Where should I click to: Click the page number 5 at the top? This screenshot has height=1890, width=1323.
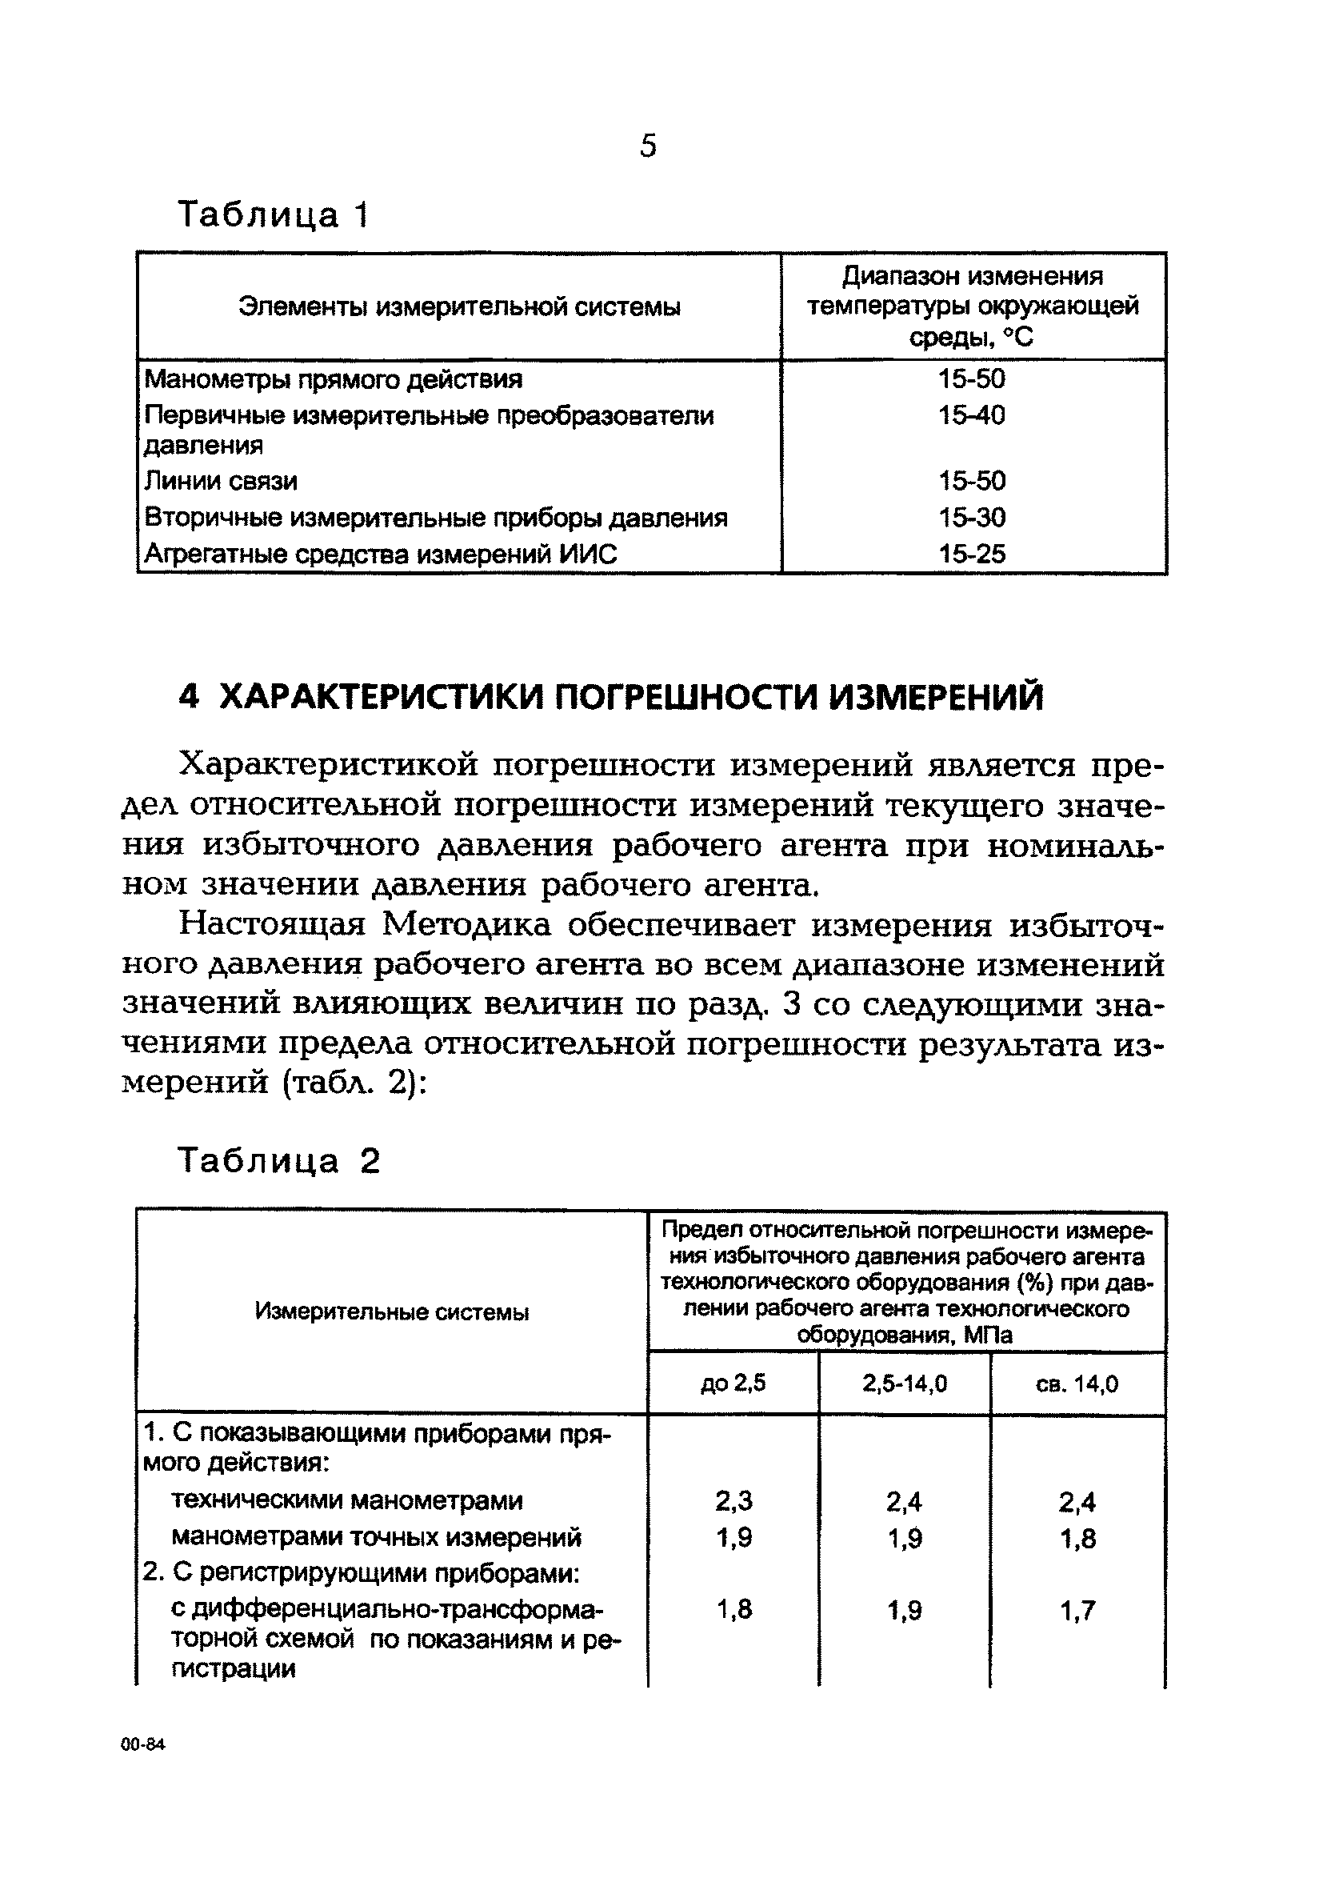(x=648, y=146)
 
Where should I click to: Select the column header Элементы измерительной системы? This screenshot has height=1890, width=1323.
(x=459, y=307)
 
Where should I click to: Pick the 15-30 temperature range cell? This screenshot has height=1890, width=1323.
(x=972, y=518)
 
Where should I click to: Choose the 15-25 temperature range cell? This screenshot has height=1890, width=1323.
(x=972, y=554)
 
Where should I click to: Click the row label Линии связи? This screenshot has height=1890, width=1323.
(x=221, y=481)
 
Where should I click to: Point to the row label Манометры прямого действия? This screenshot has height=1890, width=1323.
(x=334, y=379)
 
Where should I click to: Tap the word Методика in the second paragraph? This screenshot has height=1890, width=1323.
(x=466, y=925)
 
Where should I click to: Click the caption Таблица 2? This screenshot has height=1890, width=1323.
(x=279, y=1162)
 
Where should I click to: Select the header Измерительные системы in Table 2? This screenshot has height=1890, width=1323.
(x=392, y=1312)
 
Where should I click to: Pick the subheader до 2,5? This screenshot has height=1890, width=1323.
(x=732, y=1383)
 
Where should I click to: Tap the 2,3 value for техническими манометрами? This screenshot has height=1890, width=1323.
(x=733, y=1501)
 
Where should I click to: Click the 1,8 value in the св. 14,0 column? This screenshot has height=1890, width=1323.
(x=1077, y=1539)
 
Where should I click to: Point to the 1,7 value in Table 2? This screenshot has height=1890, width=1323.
(x=1077, y=1610)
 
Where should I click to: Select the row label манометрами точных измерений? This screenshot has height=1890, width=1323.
(x=376, y=1538)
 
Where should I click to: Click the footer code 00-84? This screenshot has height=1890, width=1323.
(x=143, y=1745)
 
